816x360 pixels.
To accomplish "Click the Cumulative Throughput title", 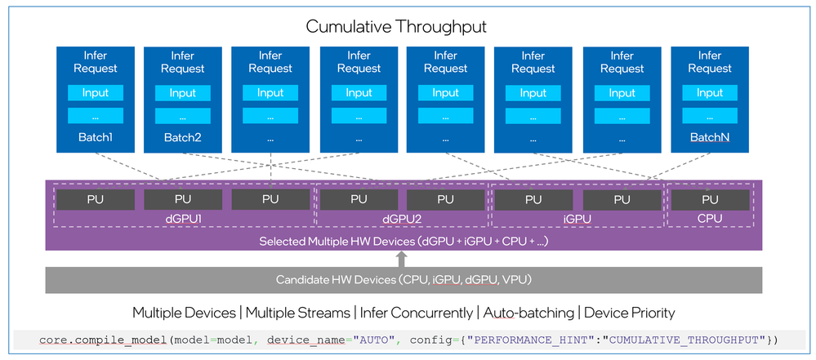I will [396, 27].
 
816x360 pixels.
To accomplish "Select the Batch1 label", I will [95, 137].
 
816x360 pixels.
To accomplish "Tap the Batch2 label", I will [182, 138].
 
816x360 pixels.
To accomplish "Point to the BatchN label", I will [709, 137].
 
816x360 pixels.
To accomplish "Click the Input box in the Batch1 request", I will [95, 92].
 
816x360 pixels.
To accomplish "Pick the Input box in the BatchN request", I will [709, 92].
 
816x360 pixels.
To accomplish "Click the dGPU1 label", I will [183, 218].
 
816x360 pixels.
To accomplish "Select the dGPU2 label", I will [401, 218].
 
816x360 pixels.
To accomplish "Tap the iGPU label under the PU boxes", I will [577, 218].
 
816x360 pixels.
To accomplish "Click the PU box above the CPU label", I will [709, 199].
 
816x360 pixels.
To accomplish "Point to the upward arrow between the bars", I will [401, 259].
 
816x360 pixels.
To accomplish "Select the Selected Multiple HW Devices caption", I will [404, 242].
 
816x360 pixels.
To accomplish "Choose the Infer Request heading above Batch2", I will [182, 62].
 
